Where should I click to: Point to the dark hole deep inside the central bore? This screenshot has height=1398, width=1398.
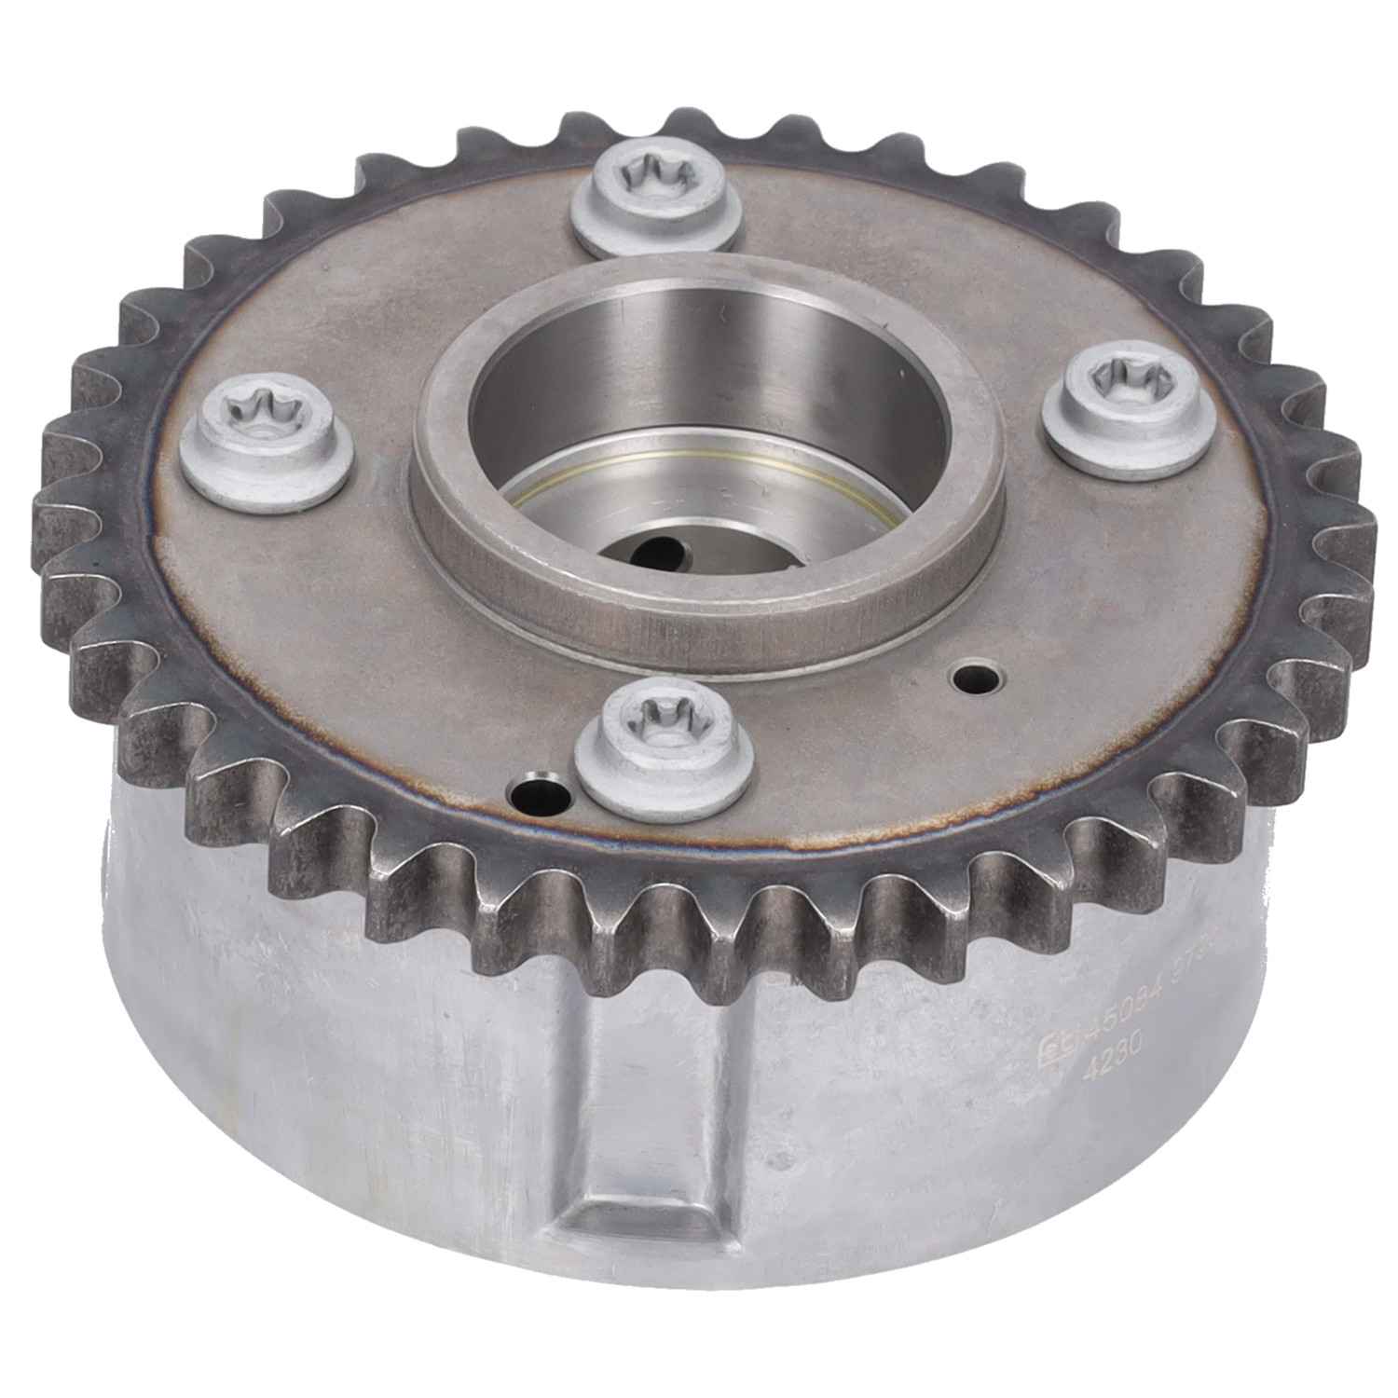point(658,550)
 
